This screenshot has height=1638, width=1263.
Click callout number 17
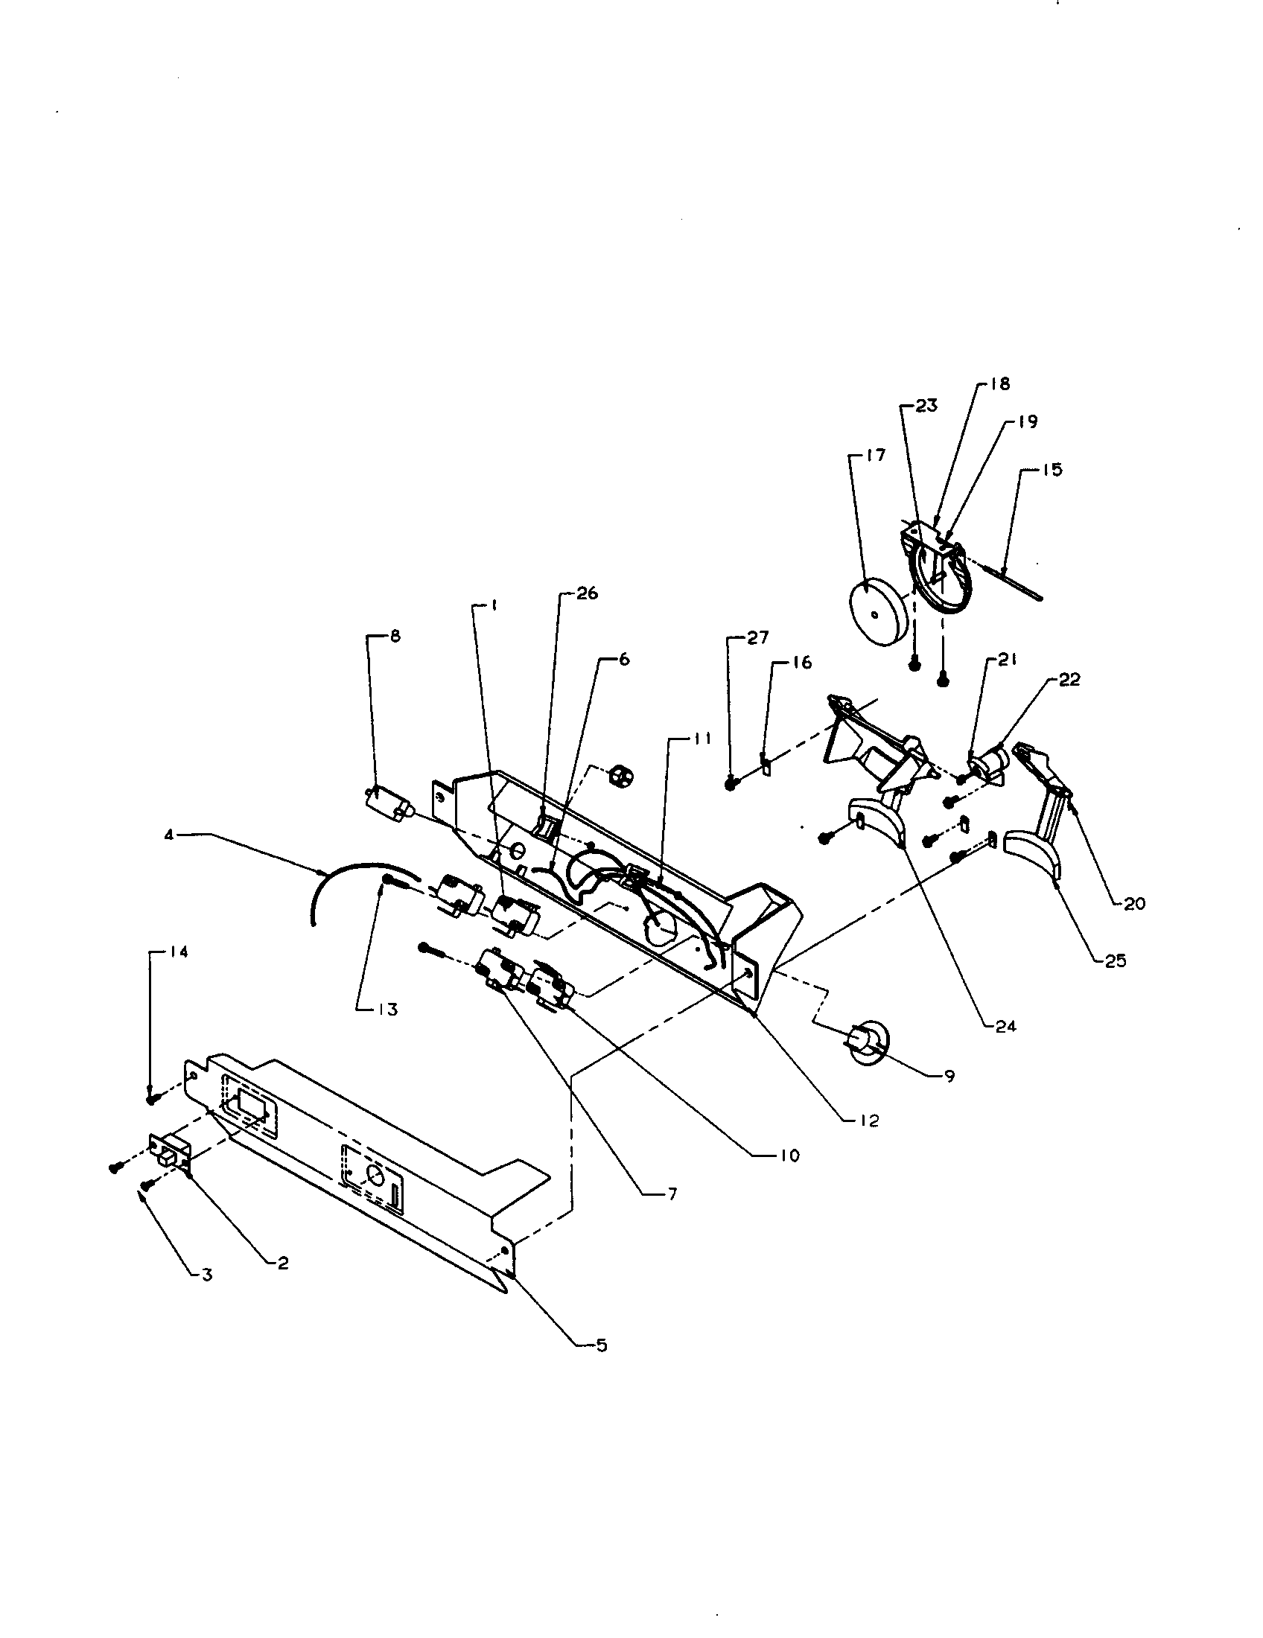tap(876, 455)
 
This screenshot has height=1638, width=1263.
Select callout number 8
tap(395, 637)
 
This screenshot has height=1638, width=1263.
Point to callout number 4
tap(170, 833)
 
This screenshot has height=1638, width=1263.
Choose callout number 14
tap(179, 952)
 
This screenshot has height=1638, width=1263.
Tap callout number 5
tap(601, 1346)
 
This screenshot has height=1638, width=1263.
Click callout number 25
tap(1116, 960)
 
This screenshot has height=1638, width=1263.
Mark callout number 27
tap(758, 637)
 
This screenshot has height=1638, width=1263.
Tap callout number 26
tap(587, 593)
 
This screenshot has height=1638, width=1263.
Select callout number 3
tap(207, 1274)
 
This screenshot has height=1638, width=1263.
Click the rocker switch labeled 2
tap(170, 1155)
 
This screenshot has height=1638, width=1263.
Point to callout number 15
tap(1052, 471)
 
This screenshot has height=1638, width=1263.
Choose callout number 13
tap(388, 1010)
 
